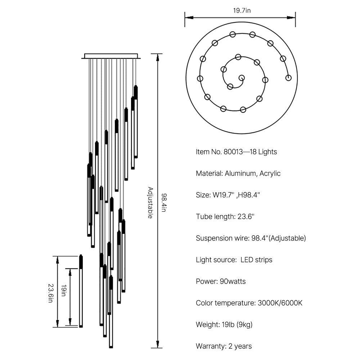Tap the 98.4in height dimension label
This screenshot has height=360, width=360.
click(163, 202)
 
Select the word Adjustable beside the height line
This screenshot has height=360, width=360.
click(150, 202)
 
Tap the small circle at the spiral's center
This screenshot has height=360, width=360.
click(241, 77)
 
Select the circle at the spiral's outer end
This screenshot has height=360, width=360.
click(288, 77)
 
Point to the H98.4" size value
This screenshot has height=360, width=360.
click(249, 195)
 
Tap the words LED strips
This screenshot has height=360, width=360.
click(256, 260)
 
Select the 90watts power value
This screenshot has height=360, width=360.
click(233, 282)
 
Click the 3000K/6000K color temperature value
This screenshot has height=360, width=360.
click(280, 303)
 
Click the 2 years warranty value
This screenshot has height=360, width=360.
click(240, 346)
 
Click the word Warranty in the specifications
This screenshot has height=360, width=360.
click(211, 346)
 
